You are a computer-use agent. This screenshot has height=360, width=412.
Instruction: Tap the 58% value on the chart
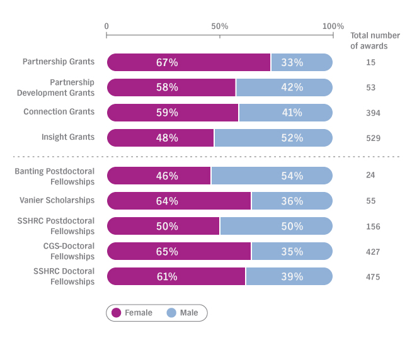tap(167, 87)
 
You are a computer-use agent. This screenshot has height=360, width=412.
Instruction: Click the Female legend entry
tap(132, 313)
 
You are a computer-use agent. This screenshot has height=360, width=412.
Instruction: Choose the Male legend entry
tap(182, 313)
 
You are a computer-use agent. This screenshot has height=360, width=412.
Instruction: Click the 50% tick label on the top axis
tap(219, 26)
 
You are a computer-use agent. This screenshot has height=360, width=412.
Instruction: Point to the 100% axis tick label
tap(333, 26)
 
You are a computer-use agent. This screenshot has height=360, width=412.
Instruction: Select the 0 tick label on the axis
tap(106, 26)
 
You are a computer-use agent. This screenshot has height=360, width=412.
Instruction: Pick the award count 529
tap(373, 138)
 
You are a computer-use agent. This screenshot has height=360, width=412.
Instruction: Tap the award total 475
tap(373, 277)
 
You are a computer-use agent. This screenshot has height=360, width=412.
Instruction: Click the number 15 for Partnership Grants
tap(370, 62)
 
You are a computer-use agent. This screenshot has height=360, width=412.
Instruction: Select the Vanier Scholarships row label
tap(57, 200)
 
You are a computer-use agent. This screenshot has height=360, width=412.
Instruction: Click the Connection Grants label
tap(59, 112)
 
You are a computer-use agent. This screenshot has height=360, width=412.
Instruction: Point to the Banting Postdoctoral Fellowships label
tap(55, 176)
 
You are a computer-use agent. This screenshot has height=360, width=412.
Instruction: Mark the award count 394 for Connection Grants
tap(373, 113)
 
